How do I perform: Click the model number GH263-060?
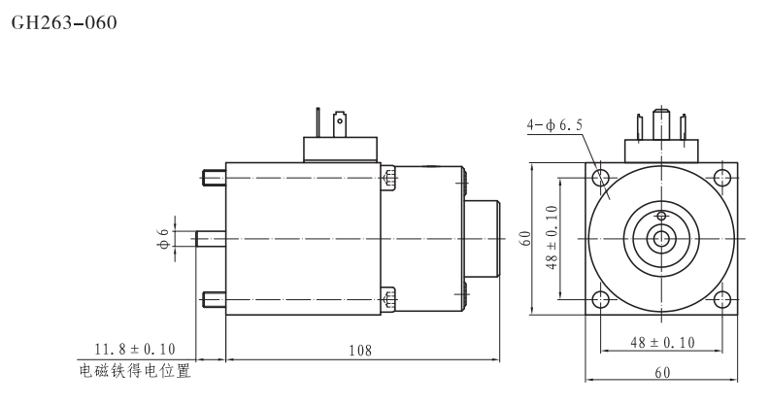[x=63, y=21]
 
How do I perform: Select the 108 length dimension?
[x=361, y=349]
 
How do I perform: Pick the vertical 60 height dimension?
[x=525, y=238]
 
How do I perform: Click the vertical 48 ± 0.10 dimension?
[x=552, y=238]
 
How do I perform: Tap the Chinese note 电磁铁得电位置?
[x=134, y=370]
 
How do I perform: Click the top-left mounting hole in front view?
[x=602, y=178]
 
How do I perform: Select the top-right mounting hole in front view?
[x=720, y=178]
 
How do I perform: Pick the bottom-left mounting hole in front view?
[x=602, y=298]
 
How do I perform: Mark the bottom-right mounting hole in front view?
[x=720, y=298]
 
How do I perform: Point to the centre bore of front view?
[x=661, y=238]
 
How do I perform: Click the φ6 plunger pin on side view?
[x=210, y=238]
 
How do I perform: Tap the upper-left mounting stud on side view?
[x=214, y=178]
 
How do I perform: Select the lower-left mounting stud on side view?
[x=214, y=298]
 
